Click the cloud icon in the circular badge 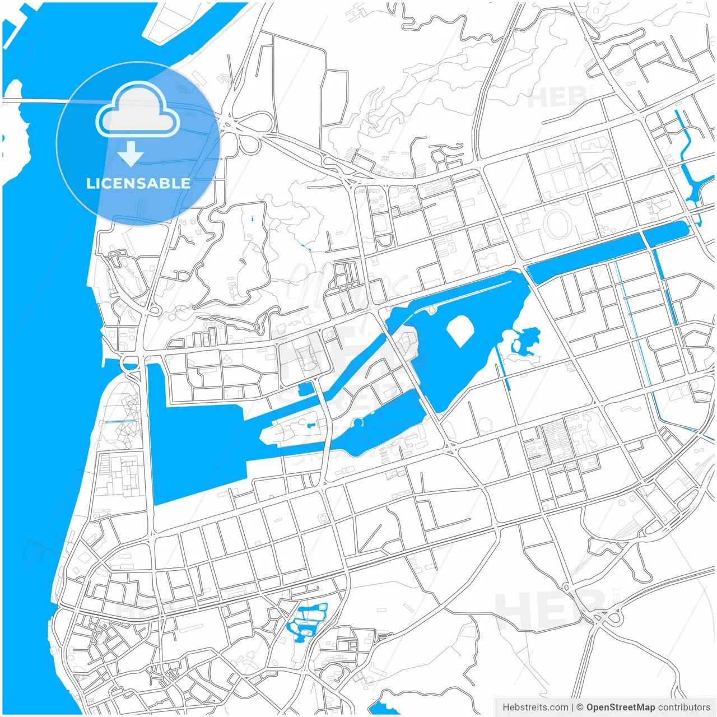tap(137, 110)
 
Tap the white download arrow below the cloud tap(131, 154)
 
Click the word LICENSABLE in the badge tap(138, 183)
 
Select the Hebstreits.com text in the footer tap(535, 707)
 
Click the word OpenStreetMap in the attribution tap(620, 707)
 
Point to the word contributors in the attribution tap(684, 707)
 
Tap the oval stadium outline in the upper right tap(556, 224)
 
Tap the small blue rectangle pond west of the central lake tap(306, 389)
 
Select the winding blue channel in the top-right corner tap(688, 162)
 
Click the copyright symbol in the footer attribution tap(580, 707)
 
